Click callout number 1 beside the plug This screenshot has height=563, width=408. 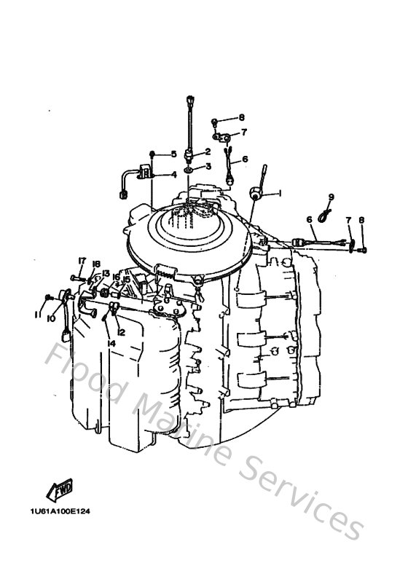click(278, 194)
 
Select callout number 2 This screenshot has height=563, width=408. click(208, 151)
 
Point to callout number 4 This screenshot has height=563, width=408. click(174, 175)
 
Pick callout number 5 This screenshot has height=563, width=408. click(174, 154)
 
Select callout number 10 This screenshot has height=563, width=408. click(52, 318)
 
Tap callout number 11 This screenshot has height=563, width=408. click(36, 315)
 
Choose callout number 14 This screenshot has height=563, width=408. click(111, 342)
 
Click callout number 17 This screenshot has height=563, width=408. click(82, 261)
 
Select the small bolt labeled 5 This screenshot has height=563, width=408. click(152, 154)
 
